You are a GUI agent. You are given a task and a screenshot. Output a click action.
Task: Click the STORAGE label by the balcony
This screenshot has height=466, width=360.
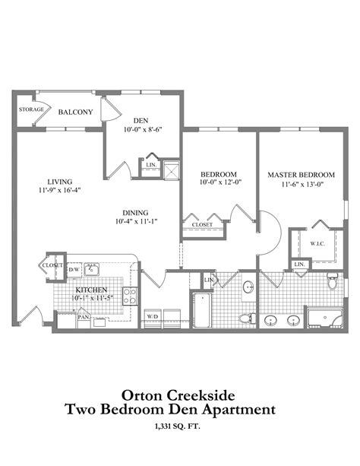pyautogui.click(x=31, y=109)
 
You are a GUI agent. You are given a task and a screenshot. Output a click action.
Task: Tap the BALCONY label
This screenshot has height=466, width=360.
pyautogui.click(x=75, y=113)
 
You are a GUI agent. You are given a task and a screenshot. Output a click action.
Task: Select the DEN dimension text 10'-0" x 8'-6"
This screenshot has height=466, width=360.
pyautogui.click(x=141, y=130)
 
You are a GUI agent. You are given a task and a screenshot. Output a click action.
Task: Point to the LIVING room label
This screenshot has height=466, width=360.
pyautogui.click(x=59, y=182)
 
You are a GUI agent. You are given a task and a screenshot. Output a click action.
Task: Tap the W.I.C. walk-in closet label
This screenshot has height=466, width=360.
pyautogui.click(x=318, y=244)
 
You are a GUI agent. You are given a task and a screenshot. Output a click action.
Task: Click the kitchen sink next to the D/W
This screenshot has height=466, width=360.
pyautogui.click(x=91, y=268)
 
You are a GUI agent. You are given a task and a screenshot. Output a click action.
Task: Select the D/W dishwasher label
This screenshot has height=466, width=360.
pyautogui.click(x=74, y=269)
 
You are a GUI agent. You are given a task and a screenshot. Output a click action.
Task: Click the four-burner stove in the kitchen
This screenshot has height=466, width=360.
pyautogui.click(x=130, y=296)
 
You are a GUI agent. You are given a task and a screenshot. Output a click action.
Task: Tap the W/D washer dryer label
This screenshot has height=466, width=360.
pyautogui.click(x=152, y=316)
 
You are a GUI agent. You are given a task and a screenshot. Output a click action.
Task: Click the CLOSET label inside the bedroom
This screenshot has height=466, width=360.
pyautogui.click(x=201, y=225)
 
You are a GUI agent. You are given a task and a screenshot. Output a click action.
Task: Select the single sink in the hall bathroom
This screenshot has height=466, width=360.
pyautogui.click(x=248, y=287)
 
